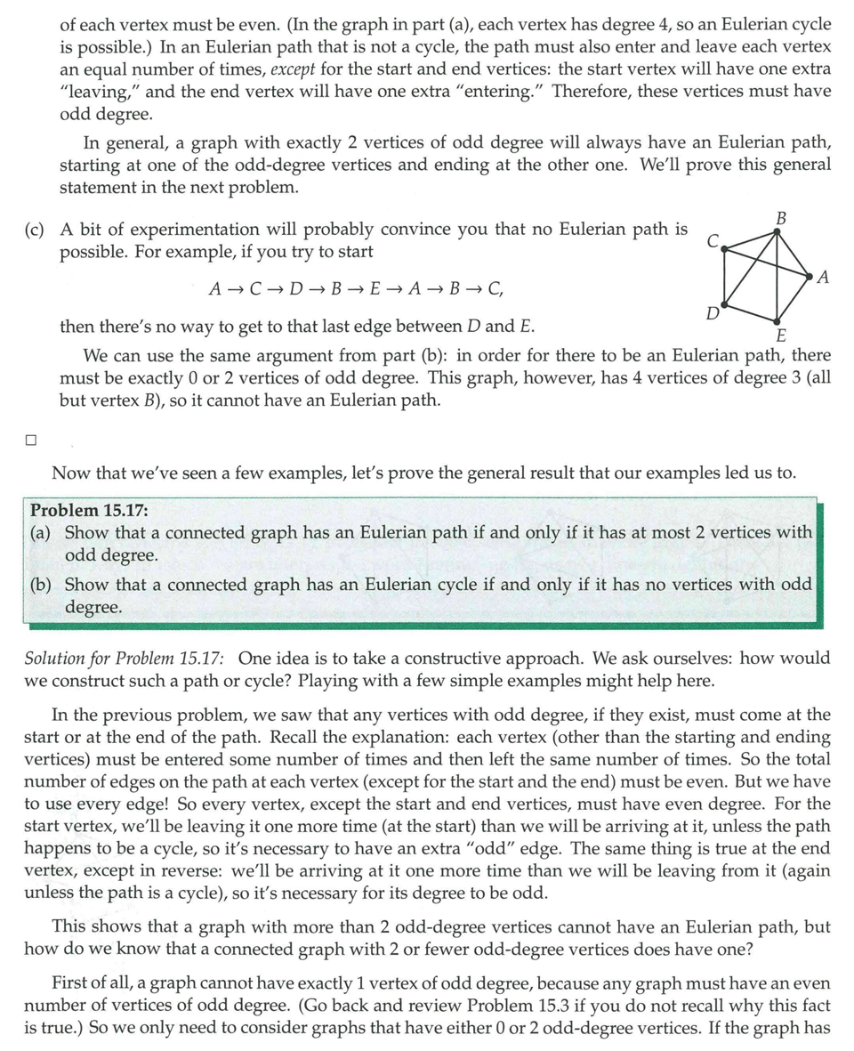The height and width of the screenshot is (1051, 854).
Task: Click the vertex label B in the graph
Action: tap(780, 217)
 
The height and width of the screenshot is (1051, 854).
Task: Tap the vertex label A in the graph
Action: tap(822, 277)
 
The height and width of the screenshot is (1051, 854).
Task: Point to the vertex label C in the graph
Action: tap(713, 241)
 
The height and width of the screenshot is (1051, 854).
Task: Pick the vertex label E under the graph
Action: tap(781, 336)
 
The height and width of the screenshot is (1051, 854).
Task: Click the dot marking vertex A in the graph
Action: tap(809, 274)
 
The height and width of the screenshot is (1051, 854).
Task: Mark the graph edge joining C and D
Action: tap(724, 277)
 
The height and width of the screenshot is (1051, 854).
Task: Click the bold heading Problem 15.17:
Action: tap(89, 510)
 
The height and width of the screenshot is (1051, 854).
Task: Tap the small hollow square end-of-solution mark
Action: tap(31, 439)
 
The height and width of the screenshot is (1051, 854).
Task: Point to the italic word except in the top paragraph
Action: tap(294, 69)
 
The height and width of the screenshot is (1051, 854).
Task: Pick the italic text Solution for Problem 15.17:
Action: tap(124, 659)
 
